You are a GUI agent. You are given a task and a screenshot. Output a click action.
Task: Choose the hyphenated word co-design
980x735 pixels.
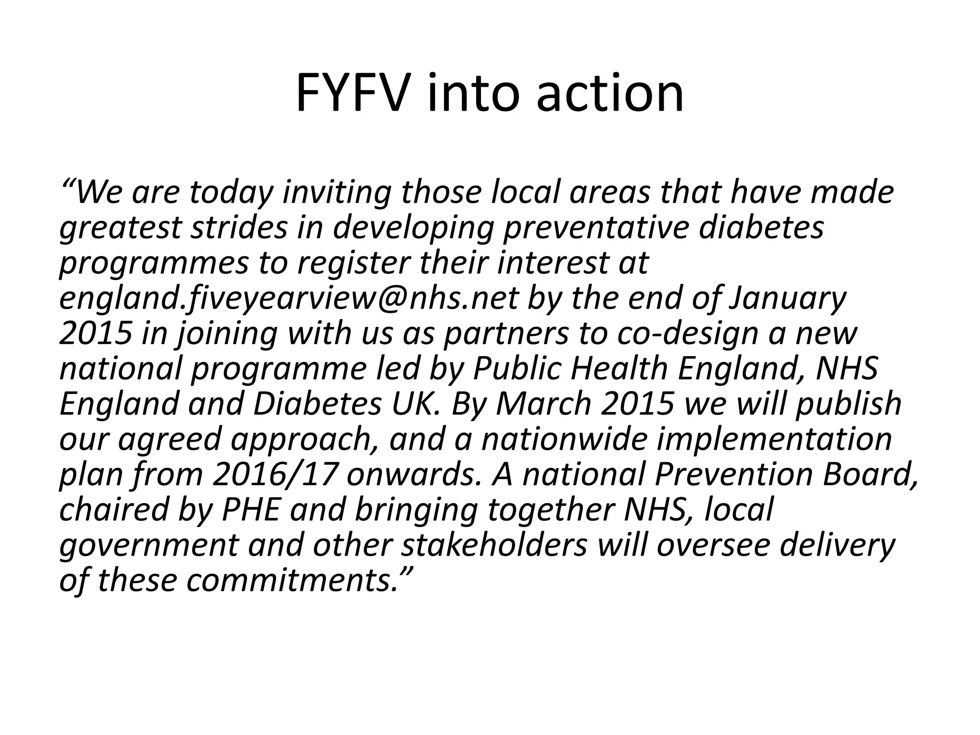[x=688, y=334]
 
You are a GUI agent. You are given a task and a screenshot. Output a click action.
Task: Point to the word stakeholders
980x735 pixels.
[x=494, y=545]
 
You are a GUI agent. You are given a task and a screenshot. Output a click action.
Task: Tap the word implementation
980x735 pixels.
[x=774, y=439]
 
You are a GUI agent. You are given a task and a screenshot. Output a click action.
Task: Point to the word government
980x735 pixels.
[x=148, y=545]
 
